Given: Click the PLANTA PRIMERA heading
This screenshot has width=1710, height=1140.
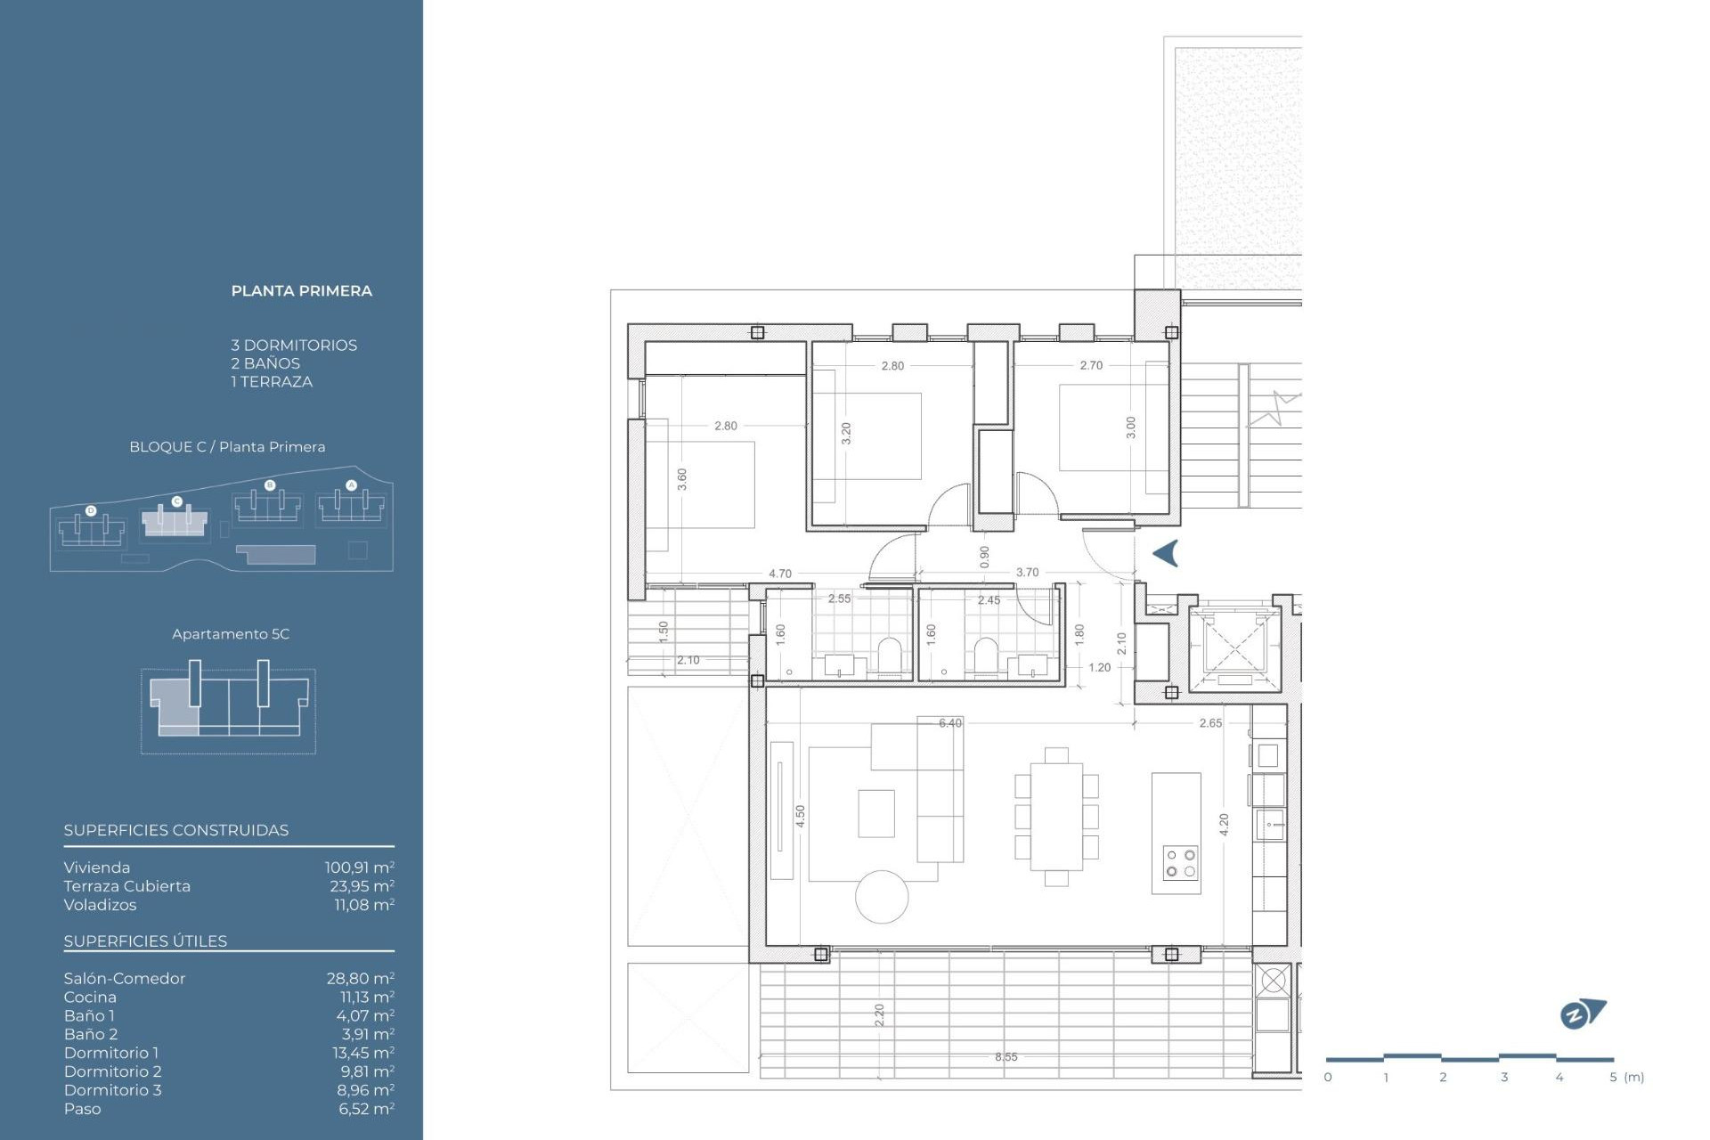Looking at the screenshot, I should click(301, 291).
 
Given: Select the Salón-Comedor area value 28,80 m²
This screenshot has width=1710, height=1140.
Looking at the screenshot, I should click(360, 978).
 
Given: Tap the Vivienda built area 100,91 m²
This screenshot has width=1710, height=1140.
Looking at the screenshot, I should click(359, 867).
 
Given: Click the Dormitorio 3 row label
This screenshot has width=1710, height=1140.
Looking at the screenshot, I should click(112, 1090).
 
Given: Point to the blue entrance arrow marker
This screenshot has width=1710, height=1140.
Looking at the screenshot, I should click(1166, 553).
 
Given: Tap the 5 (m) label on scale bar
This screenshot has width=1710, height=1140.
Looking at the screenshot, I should click(1626, 1077).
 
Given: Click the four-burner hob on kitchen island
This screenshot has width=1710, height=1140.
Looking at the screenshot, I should click(1180, 863).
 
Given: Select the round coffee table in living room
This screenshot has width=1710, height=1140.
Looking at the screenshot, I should click(882, 897).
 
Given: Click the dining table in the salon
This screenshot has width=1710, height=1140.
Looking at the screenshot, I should click(1056, 816).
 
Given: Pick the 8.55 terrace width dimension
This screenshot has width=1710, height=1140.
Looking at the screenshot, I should click(1006, 1057).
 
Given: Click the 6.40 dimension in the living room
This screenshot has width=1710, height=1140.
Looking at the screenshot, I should click(949, 723).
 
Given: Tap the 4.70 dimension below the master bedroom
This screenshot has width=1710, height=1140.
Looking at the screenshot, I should click(779, 574).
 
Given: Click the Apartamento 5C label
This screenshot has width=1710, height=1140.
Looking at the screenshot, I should click(231, 634).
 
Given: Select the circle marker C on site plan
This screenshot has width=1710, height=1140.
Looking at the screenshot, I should click(176, 502).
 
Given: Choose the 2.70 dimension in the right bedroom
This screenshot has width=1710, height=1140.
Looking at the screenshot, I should click(1090, 365).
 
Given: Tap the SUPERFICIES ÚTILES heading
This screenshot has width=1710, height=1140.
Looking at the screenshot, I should click(145, 941).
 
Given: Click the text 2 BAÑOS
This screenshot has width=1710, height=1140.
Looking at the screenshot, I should click(265, 363).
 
